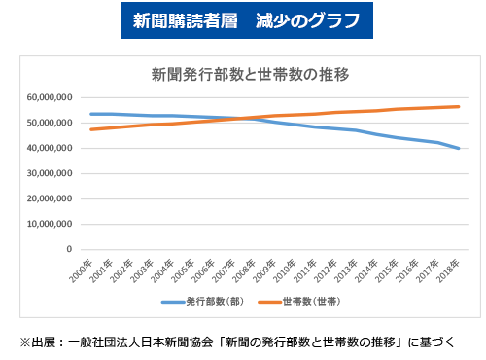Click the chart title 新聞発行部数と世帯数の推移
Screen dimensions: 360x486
pyautogui.click(x=242, y=73)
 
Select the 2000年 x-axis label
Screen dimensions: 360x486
pyautogui.click(x=82, y=269)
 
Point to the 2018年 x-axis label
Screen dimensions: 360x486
pyautogui.click(x=451, y=269)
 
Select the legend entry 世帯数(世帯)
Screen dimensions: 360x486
pyautogui.click(x=303, y=303)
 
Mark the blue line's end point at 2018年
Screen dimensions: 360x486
pyautogui.click(x=459, y=148)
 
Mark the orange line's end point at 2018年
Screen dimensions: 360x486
pyautogui.click(x=459, y=107)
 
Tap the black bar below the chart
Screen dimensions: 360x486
pyautogui.click(x=237, y=342)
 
